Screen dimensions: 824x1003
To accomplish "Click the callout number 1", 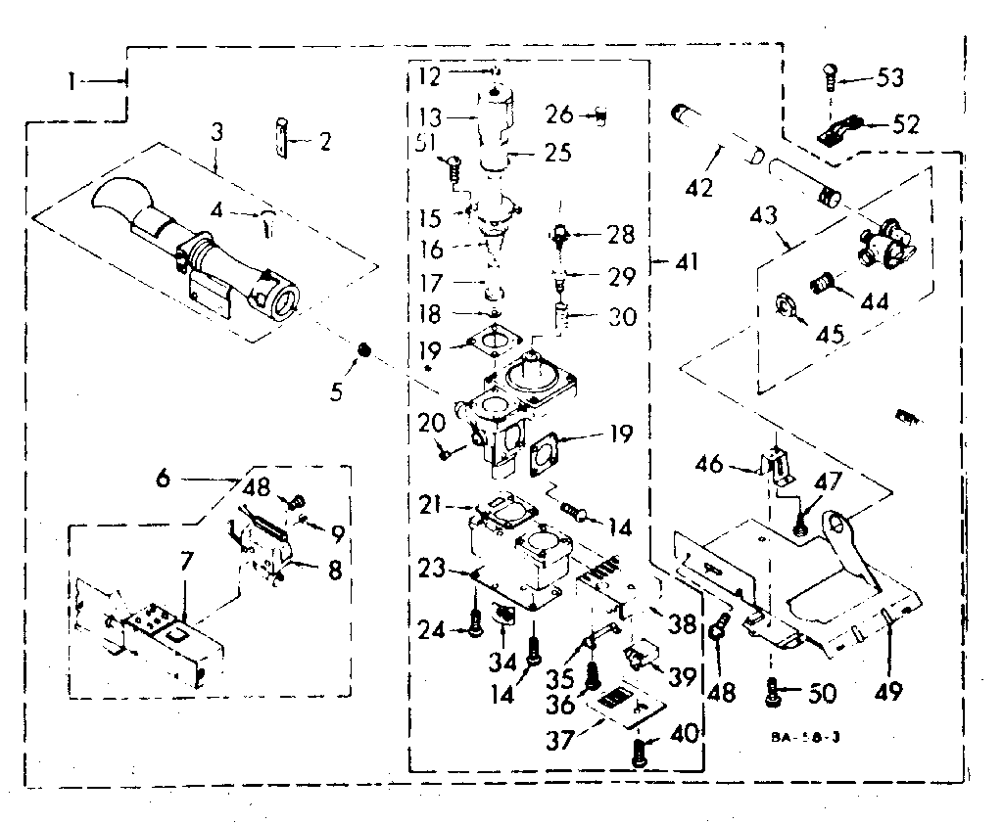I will tap(72, 82).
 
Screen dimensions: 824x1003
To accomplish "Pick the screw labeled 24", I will tap(476, 623).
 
